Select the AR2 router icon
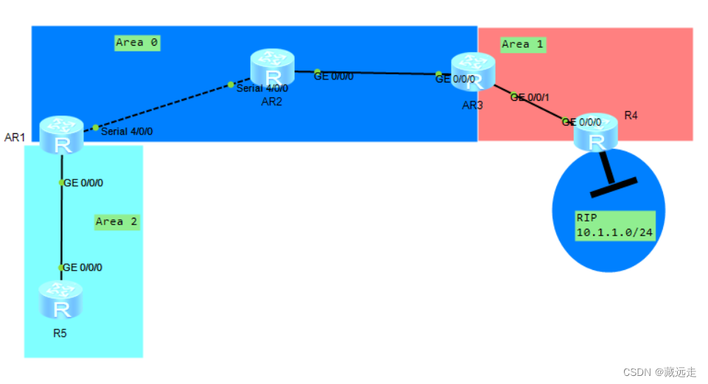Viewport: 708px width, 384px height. coord(272,68)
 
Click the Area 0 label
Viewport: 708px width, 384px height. coord(137,43)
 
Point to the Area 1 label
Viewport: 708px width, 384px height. coord(522,44)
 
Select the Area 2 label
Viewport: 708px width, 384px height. coord(116,221)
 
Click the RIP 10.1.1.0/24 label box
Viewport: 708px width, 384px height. coord(615,226)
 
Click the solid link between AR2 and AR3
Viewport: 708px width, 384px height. coord(376,72)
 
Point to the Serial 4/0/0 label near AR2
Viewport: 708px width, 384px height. coord(262,88)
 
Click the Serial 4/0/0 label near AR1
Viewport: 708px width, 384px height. coord(127,132)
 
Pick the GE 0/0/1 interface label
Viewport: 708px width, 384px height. coord(530,97)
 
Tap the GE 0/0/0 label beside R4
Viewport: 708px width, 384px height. coord(582,122)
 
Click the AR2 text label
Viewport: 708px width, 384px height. coord(272,102)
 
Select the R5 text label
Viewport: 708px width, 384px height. coord(60,333)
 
